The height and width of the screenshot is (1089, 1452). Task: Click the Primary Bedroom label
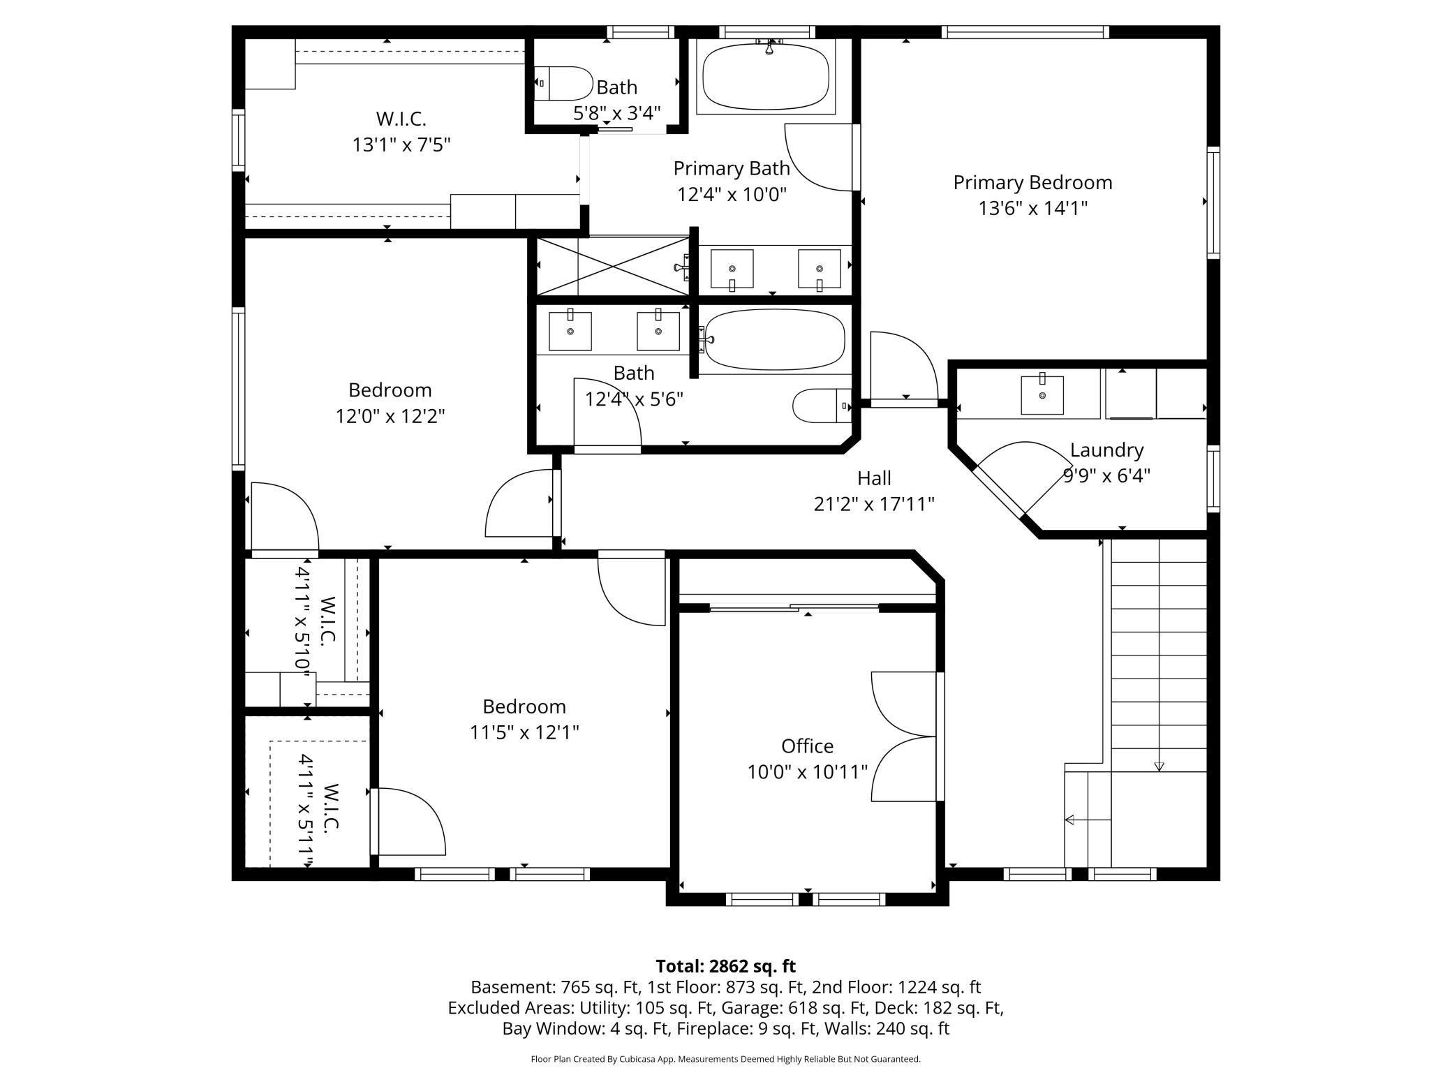(x=1032, y=183)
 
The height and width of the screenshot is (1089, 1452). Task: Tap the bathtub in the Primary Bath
(x=766, y=77)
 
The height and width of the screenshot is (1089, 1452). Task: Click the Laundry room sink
(x=1042, y=395)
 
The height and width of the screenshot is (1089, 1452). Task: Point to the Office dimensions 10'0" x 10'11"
(x=807, y=772)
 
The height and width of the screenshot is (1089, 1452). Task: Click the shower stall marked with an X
(x=612, y=266)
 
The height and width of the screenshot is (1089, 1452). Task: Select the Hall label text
(x=874, y=478)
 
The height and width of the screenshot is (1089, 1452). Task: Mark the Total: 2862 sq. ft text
(x=725, y=966)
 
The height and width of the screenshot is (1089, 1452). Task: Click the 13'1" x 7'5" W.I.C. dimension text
(x=401, y=145)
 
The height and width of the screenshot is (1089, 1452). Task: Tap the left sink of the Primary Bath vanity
(x=732, y=269)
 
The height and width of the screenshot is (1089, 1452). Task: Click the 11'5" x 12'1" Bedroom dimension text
(x=524, y=732)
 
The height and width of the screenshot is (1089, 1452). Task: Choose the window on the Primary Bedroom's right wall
(x=1213, y=202)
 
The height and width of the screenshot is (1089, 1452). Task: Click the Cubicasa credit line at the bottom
(x=725, y=1059)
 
